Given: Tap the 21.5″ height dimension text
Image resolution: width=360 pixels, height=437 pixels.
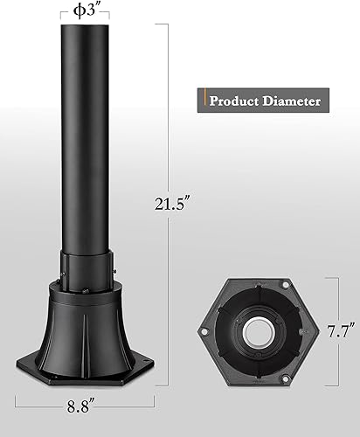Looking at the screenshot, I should [x=168, y=205].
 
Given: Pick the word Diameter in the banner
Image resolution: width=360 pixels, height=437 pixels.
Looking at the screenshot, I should [x=291, y=101].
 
